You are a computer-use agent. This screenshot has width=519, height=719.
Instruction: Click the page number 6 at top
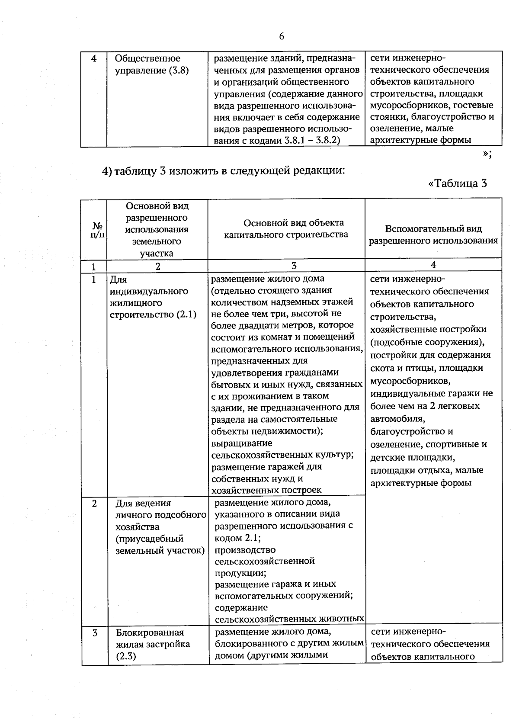click(x=282, y=36)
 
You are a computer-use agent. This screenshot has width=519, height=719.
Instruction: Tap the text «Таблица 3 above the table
click(x=458, y=183)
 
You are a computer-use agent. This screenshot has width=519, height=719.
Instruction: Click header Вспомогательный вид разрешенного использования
click(x=433, y=234)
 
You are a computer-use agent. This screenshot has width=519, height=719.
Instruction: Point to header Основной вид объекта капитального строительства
click(x=293, y=228)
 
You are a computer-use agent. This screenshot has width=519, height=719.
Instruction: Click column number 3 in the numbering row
click(x=294, y=266)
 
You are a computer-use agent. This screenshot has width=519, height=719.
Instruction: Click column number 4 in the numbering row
click(x=433, y=265)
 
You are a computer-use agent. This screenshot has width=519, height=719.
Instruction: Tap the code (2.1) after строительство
click(x=186, y=315)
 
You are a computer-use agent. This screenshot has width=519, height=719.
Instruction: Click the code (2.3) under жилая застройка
click(x=126, y=656)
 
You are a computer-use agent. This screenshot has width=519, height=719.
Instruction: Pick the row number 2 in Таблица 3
click(x=94, y=504)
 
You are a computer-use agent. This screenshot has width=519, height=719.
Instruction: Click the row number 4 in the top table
click(x=94, y=58)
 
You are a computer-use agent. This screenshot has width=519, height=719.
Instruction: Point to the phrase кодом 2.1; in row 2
click(x=237, y=538)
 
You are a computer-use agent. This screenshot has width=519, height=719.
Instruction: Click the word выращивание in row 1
click(x=241, y=443)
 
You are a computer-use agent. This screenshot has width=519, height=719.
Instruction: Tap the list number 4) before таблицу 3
click(x=107, y=171)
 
